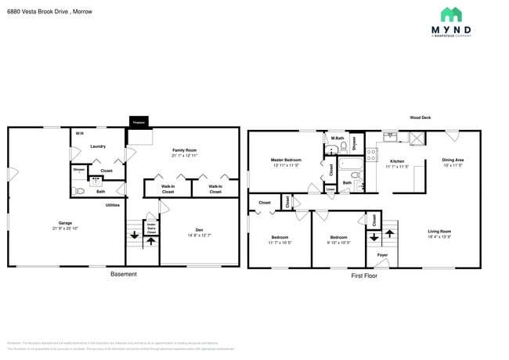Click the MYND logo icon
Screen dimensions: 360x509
tap(450, 14)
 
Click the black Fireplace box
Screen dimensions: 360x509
tap(139, 122)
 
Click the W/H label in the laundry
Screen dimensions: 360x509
tap(79, 134)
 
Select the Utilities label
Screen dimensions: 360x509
tap(113, 205)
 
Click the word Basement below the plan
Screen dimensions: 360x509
tap(123, 274)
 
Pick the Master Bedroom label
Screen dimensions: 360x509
tap(287, 160)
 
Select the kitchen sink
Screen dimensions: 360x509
tap(394, 138)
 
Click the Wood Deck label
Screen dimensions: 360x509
tap(420, 118)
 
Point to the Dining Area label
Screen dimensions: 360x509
tap(452, 160)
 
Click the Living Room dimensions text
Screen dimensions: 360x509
tap(439, 236)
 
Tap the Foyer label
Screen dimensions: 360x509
tap(382, 255)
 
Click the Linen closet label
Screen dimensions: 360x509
tap(330, 189)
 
